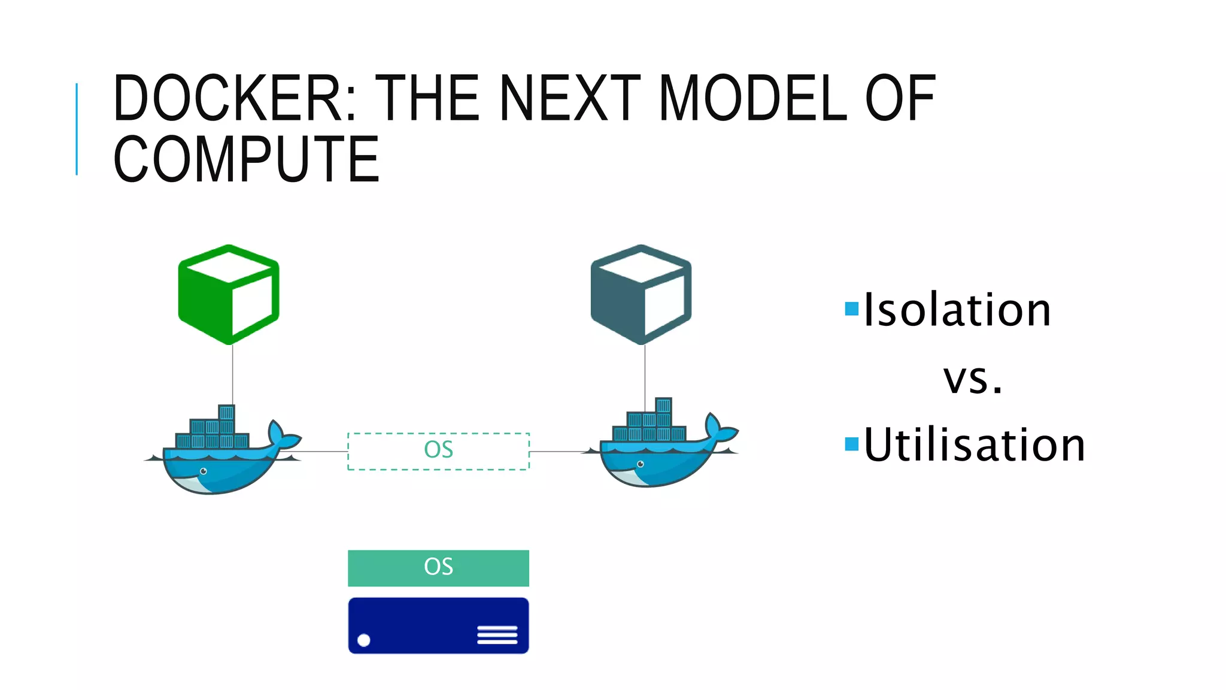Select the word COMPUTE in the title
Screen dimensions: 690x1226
(x=246, y=159)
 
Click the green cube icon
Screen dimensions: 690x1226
(x=229, y=294)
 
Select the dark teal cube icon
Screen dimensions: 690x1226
(x=641, y=294)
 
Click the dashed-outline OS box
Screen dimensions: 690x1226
(x=438, y=451)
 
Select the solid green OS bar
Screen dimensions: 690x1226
(x=438, y=568)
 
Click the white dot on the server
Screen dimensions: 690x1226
(x=363, y=640)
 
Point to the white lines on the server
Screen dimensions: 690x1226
(x=497, y=635)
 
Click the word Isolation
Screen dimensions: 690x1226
(x=957, y=310)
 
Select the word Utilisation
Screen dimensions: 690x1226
(x=974, y=444)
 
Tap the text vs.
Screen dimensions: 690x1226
(x=973, y=379)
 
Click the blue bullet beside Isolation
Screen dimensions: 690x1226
(x=851, y=309)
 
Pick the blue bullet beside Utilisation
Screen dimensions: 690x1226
(x=851, y=444)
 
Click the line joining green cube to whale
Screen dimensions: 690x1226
(x=232, y=374)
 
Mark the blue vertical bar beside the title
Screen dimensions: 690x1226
(x=77, y=129)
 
